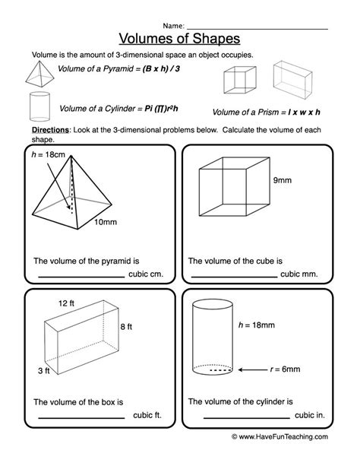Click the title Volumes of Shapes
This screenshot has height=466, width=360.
[179, 39]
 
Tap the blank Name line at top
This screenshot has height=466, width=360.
[257, 29]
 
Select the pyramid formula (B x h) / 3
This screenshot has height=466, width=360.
[161, 69]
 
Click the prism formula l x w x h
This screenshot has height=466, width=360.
[304, 113]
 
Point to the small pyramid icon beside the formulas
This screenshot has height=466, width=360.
[39, 74]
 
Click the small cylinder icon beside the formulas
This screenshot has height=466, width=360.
[39, 106]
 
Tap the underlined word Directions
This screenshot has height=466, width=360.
[50, 130]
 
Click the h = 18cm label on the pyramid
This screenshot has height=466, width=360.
[48, 154]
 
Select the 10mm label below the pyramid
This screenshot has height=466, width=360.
[106, 222]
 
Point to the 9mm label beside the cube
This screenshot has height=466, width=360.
[283, 180]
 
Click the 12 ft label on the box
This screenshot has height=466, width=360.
[66, 303]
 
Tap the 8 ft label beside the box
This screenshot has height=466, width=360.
[126, 327]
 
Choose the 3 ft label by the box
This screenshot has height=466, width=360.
[43, 371]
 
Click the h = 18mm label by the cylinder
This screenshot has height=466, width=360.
[257, 325]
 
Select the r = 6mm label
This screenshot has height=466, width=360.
[285, 369]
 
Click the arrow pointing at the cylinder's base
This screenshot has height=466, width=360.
[252, 370]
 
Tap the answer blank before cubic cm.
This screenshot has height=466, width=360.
[81, 277]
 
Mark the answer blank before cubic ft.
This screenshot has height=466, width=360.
[81, 418]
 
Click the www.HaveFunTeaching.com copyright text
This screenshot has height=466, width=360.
[279, 436]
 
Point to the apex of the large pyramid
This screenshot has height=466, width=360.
[71, 155]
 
